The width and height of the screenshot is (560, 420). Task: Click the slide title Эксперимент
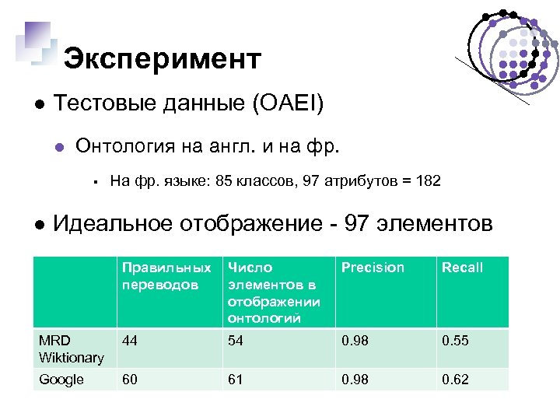162,58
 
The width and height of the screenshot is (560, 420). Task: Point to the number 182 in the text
428,181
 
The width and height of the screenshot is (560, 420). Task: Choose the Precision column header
373,268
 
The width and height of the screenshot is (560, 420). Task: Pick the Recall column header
463,268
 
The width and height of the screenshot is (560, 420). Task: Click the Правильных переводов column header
166,275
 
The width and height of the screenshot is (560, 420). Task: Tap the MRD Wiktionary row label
72,349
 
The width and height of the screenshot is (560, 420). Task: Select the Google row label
61,380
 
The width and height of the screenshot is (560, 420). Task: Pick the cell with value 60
130,380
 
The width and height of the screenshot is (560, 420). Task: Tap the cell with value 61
236,380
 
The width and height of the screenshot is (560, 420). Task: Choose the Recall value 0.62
456,380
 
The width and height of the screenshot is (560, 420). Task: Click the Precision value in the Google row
355,380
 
